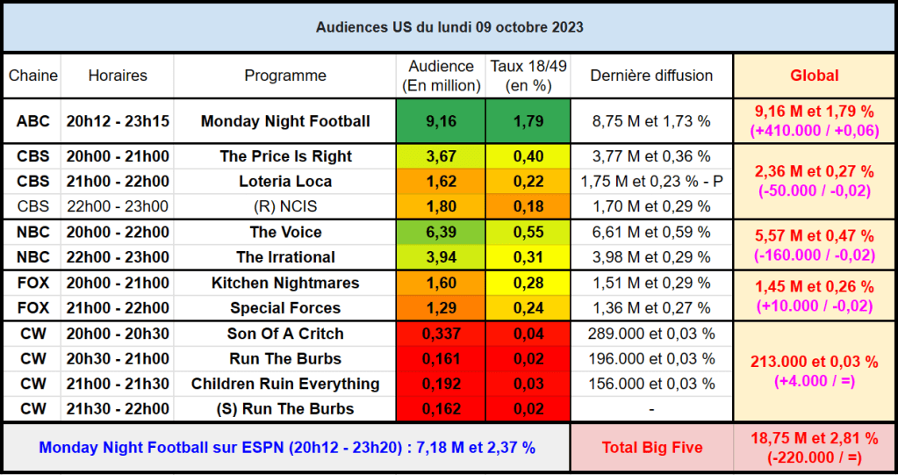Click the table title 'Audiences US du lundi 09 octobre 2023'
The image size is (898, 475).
[449, 27]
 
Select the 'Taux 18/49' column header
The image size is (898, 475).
[528, 76]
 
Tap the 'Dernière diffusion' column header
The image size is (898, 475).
[651, 76]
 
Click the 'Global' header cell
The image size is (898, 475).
[814, 76]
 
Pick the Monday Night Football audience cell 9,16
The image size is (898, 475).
[441, 121]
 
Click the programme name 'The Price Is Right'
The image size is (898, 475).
[285, 156]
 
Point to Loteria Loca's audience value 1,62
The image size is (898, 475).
[441, 182]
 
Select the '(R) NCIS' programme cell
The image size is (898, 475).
[285, 207]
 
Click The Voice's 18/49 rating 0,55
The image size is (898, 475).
[528, 232]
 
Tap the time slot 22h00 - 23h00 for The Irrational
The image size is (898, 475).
[118, 257]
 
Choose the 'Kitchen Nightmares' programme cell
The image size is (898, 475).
[285, 283]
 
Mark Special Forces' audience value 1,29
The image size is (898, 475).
[441, 308]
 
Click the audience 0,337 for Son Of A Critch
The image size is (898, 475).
[441, 334]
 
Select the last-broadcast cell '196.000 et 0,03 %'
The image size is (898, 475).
[651, 358]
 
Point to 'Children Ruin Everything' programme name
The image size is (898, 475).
[285, 384]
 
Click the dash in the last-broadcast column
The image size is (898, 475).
[651, 409]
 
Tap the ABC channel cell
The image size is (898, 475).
[33, 121]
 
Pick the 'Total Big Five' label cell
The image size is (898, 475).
[651, 447]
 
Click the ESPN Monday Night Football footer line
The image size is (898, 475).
[287, 447]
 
